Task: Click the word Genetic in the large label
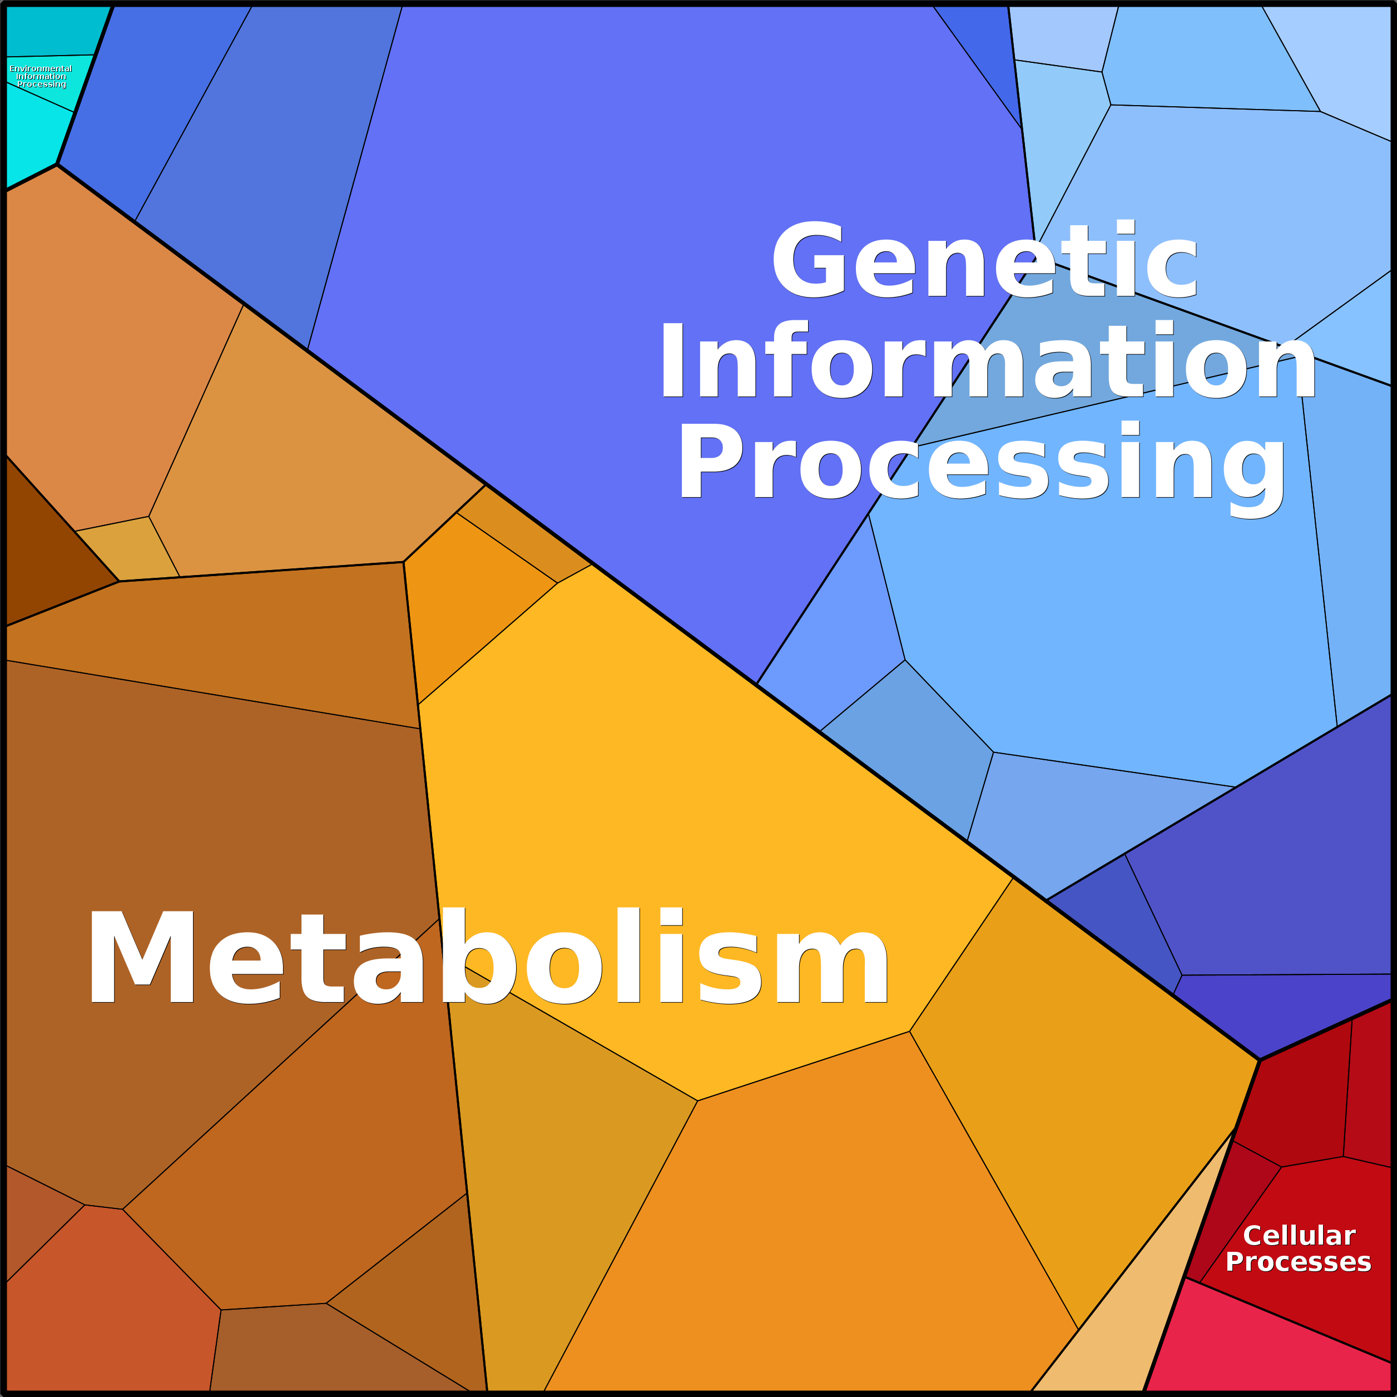985,260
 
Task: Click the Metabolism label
488,956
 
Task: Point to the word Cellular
1299,1236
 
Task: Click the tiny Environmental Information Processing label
41,76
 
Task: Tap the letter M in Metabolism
141,956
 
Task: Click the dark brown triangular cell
43,557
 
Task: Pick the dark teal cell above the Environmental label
51,29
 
